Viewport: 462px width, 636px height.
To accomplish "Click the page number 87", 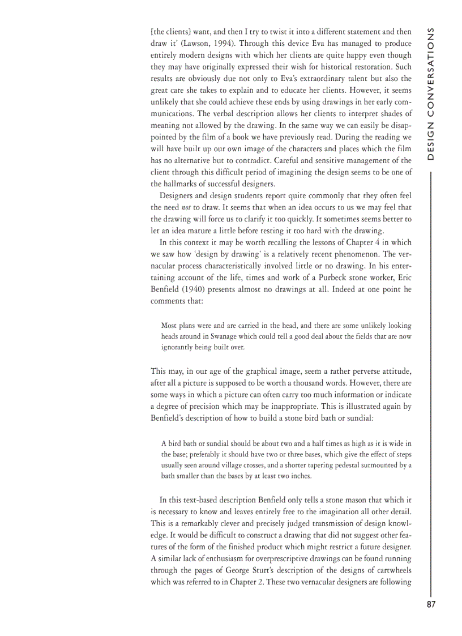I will (431, 604).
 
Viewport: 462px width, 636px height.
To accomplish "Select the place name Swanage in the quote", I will (221, 336).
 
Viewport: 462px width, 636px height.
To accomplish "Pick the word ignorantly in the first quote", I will (180, 347).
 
